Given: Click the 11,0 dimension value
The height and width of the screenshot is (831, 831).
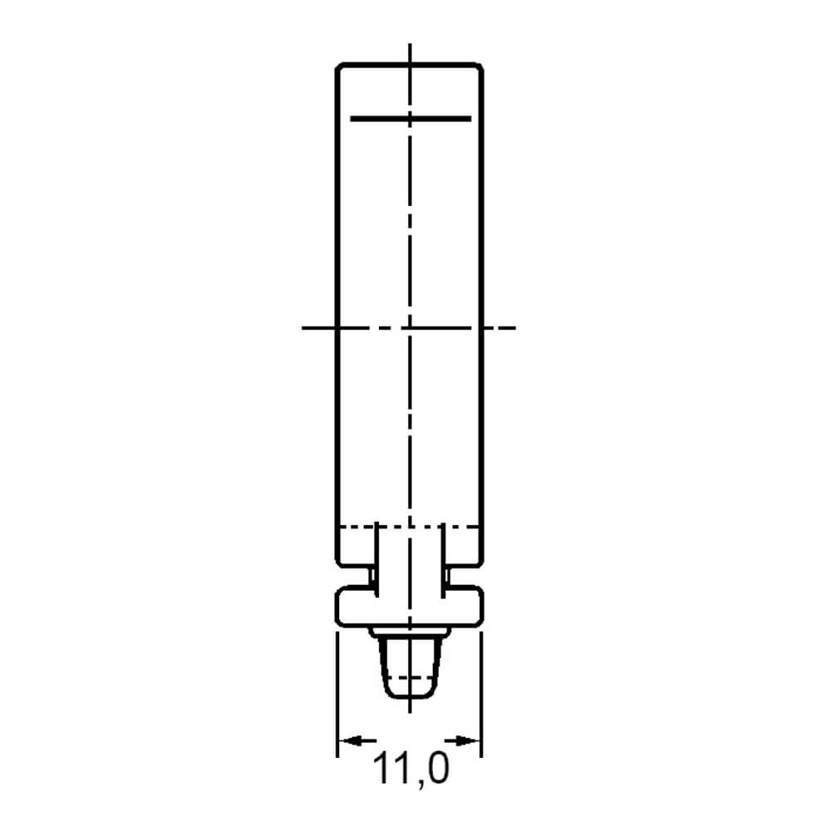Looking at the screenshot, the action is (411, 770).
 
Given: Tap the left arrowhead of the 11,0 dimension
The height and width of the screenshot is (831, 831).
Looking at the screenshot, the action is (350, 740).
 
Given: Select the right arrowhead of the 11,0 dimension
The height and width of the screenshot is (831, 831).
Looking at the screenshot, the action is (469, 740).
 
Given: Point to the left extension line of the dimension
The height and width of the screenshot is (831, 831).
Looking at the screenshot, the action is (337, 694).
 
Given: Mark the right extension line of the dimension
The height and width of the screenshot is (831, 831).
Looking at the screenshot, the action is (481, 694).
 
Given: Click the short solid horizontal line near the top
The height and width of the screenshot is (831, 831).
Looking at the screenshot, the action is (411, 119).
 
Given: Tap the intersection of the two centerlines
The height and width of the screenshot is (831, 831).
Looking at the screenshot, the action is (410, 328).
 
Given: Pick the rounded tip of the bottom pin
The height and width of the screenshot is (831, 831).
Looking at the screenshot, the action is (410, 696).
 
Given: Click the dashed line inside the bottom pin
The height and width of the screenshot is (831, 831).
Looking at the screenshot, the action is (410, 678).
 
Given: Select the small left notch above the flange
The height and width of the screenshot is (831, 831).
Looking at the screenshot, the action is (372, 576).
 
